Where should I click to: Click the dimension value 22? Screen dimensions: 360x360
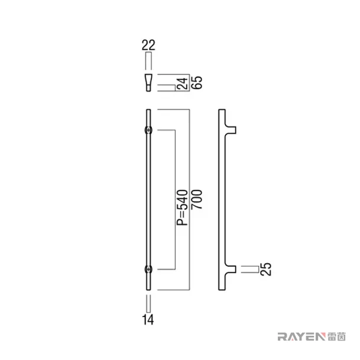click(x=148, y=45)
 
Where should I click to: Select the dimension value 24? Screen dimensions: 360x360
click(x=183, y=83)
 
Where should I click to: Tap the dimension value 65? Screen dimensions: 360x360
click(x=197, y=82)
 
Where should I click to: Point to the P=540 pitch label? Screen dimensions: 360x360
click(x=183, y=207)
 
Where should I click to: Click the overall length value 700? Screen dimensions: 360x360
click(x=197, y=200)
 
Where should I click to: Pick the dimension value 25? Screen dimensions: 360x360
click(x=266, y=269)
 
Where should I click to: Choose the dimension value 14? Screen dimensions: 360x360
click(x=148, y=320)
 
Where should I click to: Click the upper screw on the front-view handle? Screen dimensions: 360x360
click(x=148, y=130)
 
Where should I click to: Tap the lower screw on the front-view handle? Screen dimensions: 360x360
click(x=148, y=269)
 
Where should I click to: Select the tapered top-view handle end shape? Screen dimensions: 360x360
click(x=148, y=83)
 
